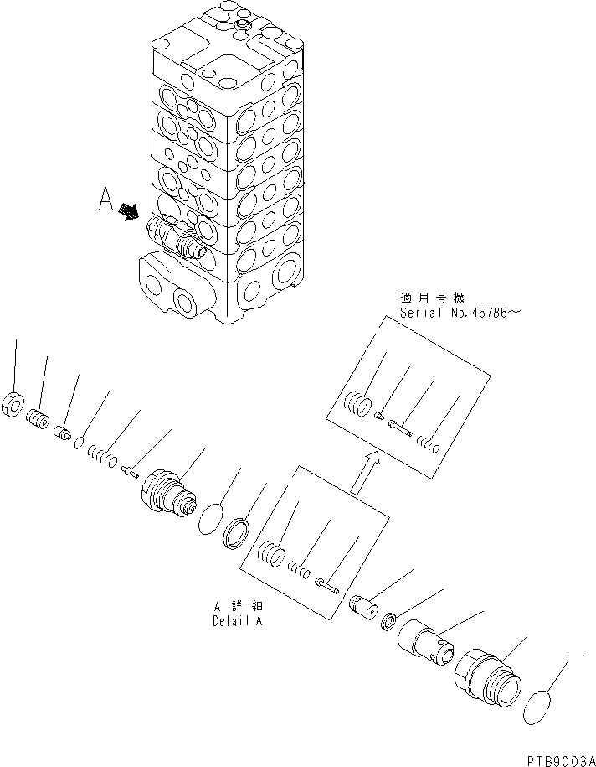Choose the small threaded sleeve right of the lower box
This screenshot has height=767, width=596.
tap(364, 606)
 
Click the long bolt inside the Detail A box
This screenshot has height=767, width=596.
tap(326, 583)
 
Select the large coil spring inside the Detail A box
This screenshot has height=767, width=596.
tap(271, 555)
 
